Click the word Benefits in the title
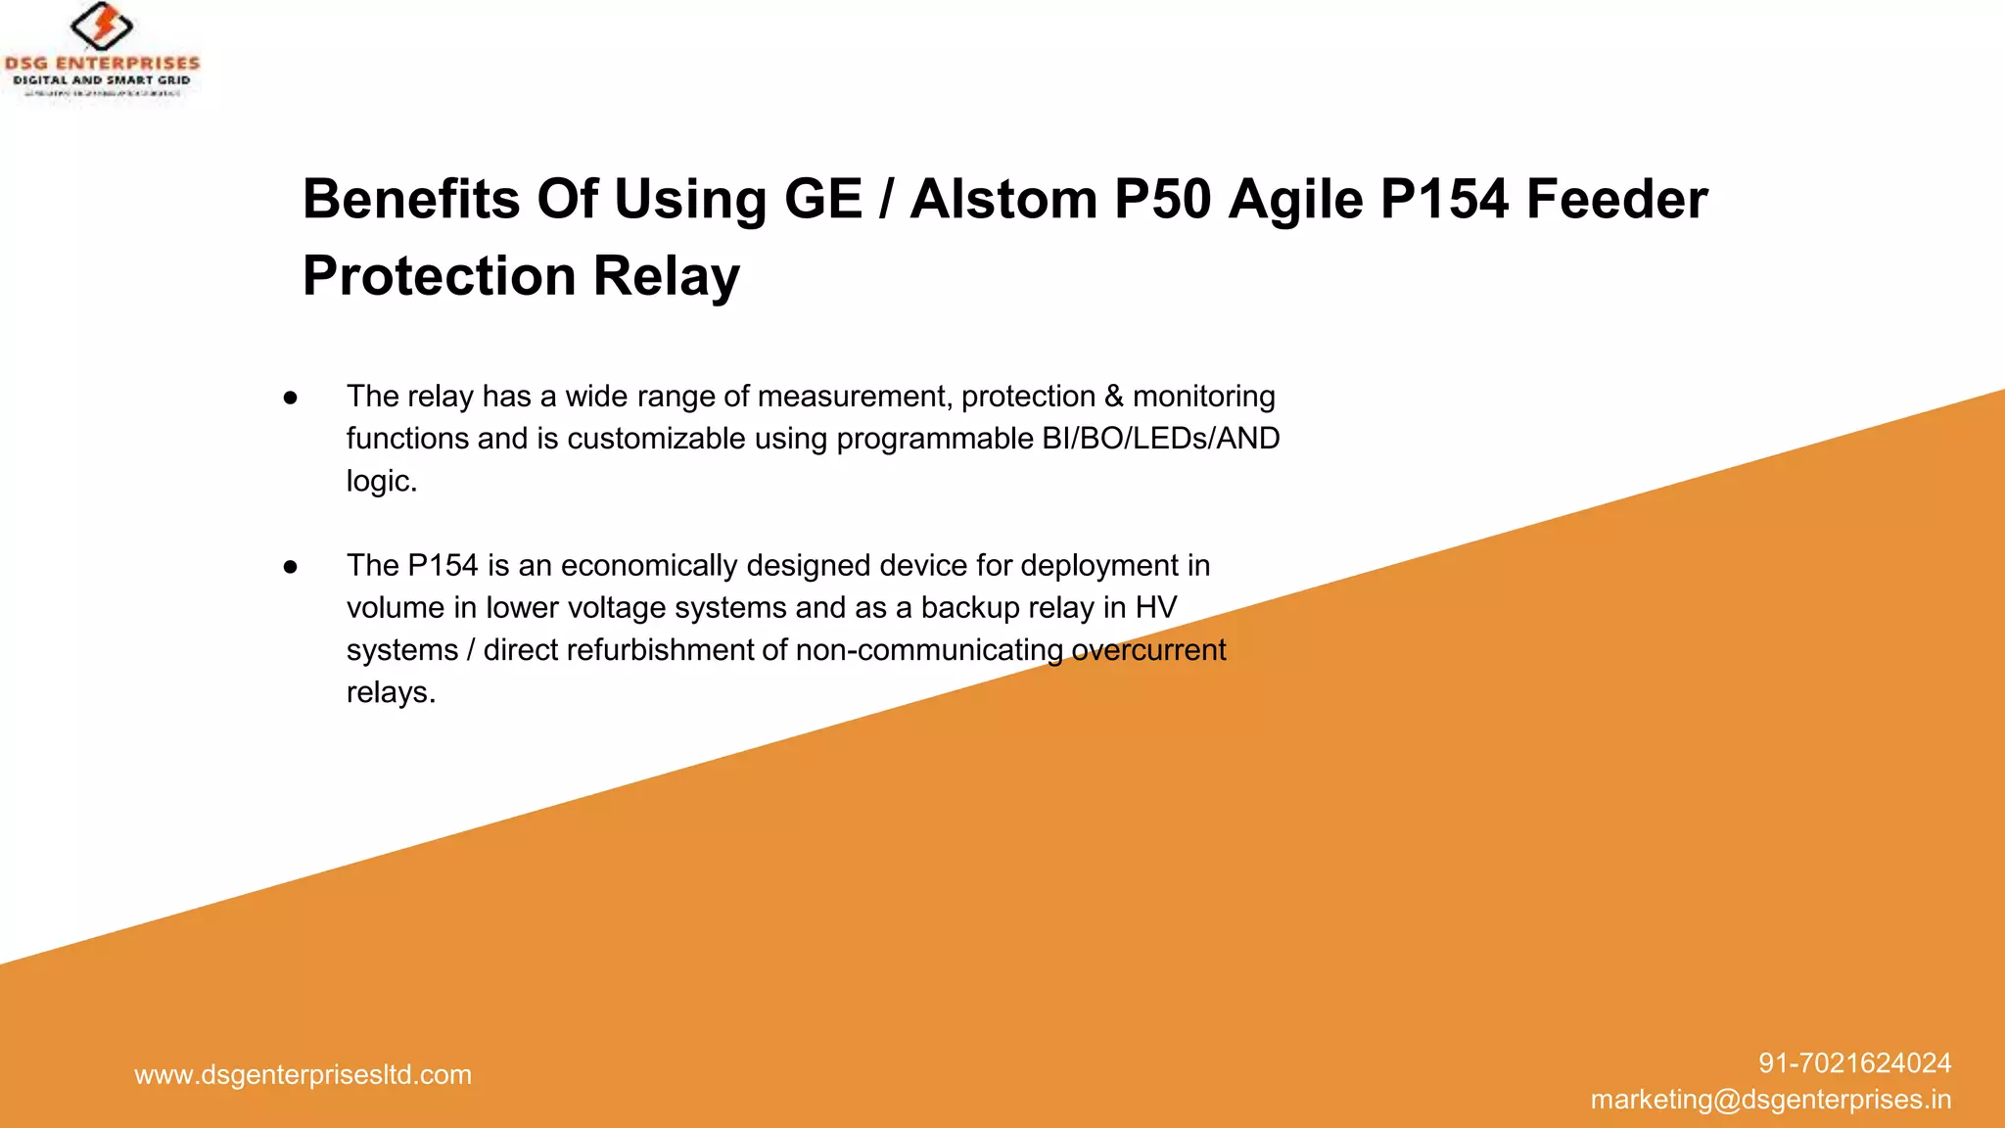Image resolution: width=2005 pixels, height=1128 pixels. [411, 199]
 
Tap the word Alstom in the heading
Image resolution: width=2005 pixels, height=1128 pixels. [1003, 199]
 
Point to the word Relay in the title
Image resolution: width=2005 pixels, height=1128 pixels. [667, 275]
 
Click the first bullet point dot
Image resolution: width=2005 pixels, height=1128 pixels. [290, 398]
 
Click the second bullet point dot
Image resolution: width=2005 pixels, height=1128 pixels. [290, 567]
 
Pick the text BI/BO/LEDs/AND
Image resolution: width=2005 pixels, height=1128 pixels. [1161, 439]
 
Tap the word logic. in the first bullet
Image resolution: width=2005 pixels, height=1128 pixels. [382, 481]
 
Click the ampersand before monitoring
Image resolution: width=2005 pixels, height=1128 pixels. [1114, 397]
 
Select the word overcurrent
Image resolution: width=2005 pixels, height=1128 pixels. [1148, 650]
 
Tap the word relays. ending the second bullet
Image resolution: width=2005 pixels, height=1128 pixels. [391, 692]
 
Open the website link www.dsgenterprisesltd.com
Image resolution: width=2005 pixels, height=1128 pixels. [303, 1075]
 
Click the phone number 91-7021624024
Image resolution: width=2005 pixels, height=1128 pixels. [1854, 1063]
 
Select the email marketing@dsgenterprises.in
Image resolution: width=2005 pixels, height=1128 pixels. [1770, 1100]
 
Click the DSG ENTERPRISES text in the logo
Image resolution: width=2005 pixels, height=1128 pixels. [102, 64]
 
